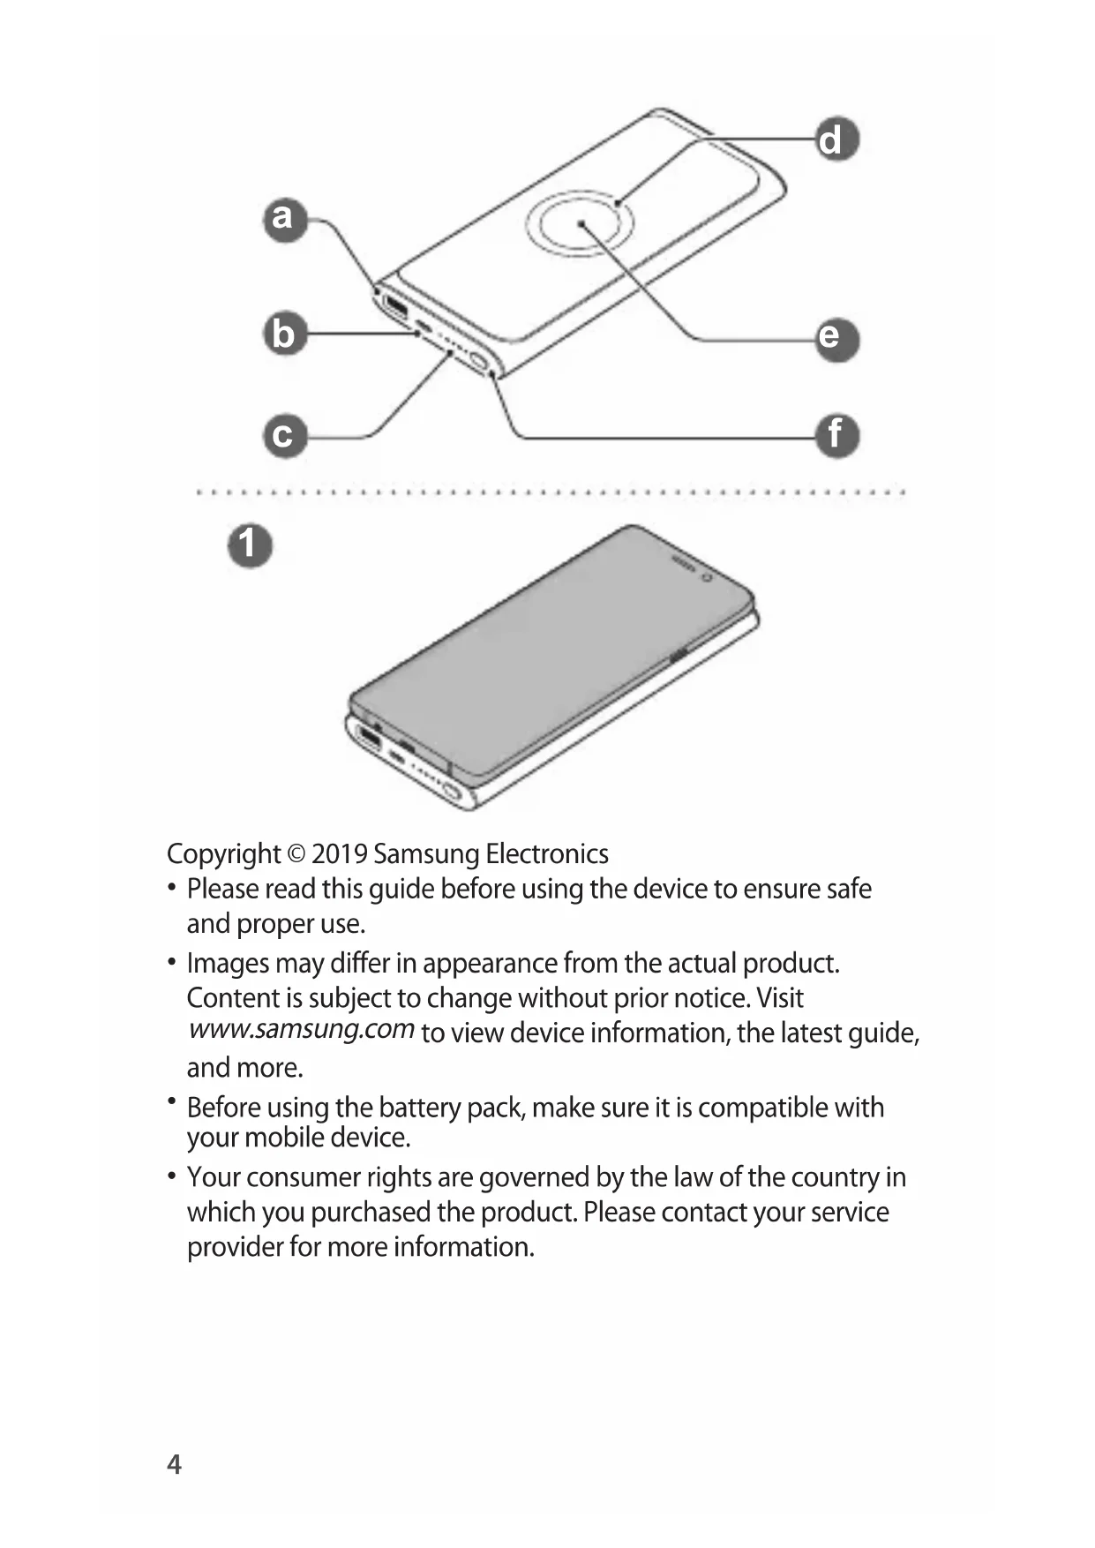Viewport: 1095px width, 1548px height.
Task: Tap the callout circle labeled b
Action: click(x=284, y=334)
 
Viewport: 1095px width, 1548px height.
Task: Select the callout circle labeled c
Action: click(x=284, y=436)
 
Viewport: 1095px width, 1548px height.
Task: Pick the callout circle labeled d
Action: click(x=835, y=140)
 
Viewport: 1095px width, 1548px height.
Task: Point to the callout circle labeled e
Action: click(x=835, y=338)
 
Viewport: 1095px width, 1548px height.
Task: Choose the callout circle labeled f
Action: click(x=835, y=436)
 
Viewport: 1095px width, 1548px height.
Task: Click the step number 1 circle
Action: click(x=250, y=545)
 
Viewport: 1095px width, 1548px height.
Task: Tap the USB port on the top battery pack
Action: click(x=394, y=310)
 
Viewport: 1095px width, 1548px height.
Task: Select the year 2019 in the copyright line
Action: click(x=339, y=854)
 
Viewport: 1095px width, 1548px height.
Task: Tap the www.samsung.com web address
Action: click(x=302, y=1030)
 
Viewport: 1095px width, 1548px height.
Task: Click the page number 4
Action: click(x=175, y=1464)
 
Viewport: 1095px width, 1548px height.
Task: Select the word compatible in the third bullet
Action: click(x=766, y=1108)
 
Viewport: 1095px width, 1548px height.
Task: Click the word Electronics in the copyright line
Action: click(x=547, y=854)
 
